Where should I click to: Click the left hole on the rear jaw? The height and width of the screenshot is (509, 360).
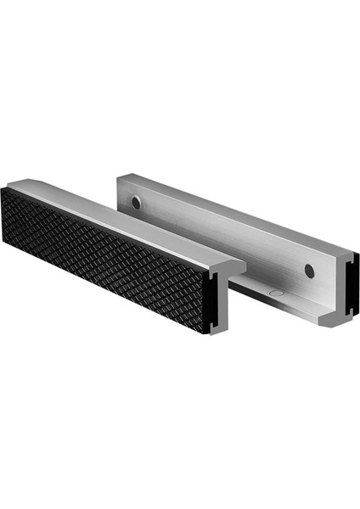coord(136,203)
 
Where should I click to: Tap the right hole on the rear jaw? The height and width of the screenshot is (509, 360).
coord(309,271)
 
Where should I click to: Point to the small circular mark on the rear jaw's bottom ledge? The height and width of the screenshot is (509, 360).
coord(273,292)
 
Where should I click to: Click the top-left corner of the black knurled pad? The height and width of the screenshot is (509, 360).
coord(3,188)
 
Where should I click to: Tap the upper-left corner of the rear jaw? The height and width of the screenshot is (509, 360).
coord(118,176)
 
